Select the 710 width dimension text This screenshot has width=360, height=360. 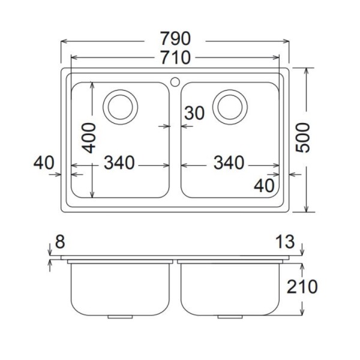coord(175,58)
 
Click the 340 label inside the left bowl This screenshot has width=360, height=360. coord(120,163)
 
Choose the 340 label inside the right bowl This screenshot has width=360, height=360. coord(229,163)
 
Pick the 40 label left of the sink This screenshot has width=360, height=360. coord(44,163)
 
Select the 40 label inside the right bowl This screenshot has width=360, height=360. coord(264,185)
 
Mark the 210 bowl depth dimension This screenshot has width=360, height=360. coord(301,287)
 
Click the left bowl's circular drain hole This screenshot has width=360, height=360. coord(120,107)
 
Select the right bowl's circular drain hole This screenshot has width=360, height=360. coord(231,107)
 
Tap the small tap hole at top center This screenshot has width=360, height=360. coord(175,80)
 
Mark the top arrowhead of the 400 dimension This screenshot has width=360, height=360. coord(92,85)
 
